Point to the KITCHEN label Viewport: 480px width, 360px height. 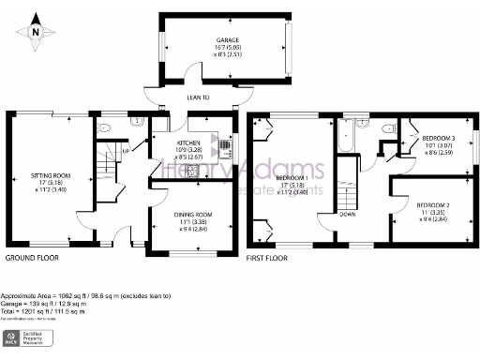(x=191, y=142)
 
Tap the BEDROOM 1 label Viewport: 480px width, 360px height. (x=293, y=178)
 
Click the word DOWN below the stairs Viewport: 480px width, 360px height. (x=347, y=213)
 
